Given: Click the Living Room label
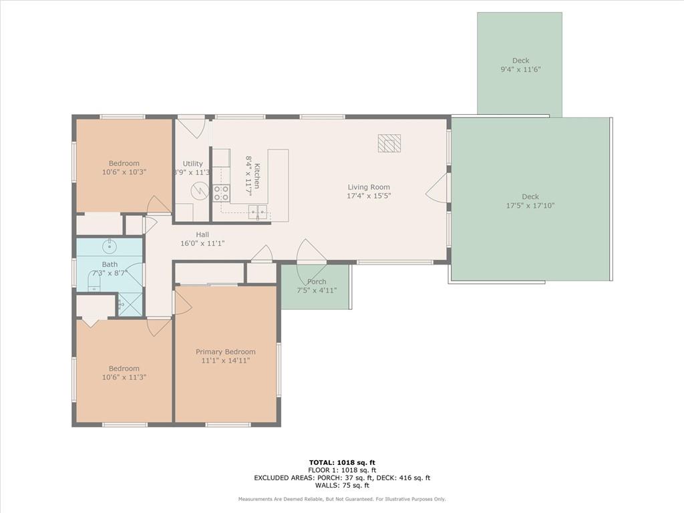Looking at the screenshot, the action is pyautogui.click(x=369, y=187).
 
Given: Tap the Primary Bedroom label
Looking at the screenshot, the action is pyautogui.click(x=226, y=351).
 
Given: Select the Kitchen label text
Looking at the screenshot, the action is pyautogui.click(x=257, y=176).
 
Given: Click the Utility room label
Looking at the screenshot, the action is pyautogui.click(x=192, y=164).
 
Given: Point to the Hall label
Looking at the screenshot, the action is pyautogui.click(x=202, y=234).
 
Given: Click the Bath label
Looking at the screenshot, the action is pyautogui.click(x=110, y=264).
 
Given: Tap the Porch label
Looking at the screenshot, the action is pyautogui.click(x=316, y=281).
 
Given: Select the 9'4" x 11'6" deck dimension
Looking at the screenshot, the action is pyautogui.click(x=520, y=69).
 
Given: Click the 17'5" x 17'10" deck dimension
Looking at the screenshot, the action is pyautogui.click(x=530, y=206).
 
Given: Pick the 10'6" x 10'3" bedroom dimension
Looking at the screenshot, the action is pyautogui.click(x=124, y=172).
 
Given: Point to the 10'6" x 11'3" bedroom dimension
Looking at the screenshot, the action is pyautogui.click(x=124, y=377).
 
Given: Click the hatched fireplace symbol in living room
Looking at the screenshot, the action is pyautogui.click(x=389, y=143).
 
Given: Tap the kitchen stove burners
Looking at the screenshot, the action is pyautogui.click(x=221, y=193).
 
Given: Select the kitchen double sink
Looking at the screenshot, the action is pyautogui.click(x=258, y=212).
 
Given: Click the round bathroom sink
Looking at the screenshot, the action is pyautogui.click(x=110, y=247).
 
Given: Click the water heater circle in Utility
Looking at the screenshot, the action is pyautogui.click(x=199, y=190).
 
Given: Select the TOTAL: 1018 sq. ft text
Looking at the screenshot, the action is pyautogui.click(x=342, y=462).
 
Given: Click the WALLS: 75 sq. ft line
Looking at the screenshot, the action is pyautogui.click(x=342, y=485).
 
